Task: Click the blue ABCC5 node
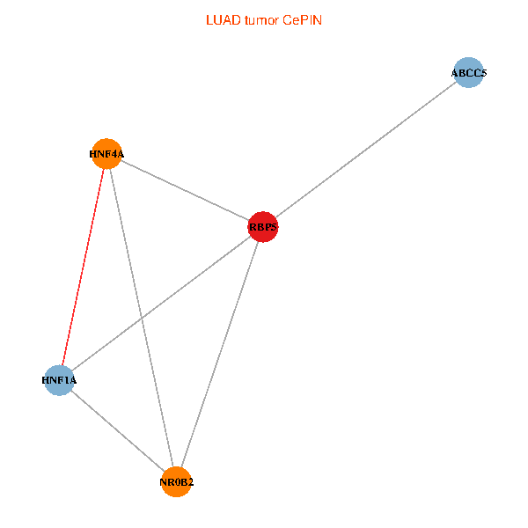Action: [x=468, y=72]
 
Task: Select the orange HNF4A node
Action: [x=106, y=153]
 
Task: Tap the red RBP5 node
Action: [x=262, y=227]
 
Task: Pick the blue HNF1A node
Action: [x=59, y=380]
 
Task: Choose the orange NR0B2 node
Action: [x=176, y=482]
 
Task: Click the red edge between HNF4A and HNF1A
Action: [x=83, y=267]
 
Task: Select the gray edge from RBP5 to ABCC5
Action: [x=366, y=150]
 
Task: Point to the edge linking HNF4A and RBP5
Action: [x=185, y=190]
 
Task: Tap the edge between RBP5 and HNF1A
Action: [x=161, y=304]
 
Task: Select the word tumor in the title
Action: [x=261, y=20]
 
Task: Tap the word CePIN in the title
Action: [x=303, y=20]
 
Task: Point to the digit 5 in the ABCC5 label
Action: [x=483, y=73]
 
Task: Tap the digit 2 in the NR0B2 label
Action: [x=190, y=482]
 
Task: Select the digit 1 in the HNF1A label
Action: [x=65, y=380]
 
